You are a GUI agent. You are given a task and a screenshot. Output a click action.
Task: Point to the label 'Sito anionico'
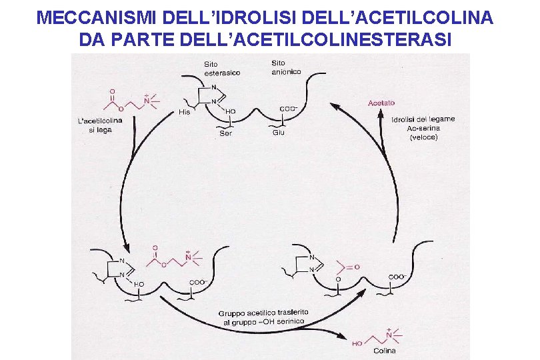286,68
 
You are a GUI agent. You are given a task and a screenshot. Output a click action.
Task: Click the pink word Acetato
381,103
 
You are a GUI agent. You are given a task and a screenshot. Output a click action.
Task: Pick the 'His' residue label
185,111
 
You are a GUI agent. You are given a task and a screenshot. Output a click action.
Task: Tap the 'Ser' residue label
225,133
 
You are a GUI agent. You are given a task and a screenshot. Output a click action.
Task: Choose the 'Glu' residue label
279,133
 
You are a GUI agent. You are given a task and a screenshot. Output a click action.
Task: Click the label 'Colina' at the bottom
384,351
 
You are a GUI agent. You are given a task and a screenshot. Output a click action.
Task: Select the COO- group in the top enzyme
288,109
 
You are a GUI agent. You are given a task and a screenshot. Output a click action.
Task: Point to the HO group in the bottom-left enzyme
139,284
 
